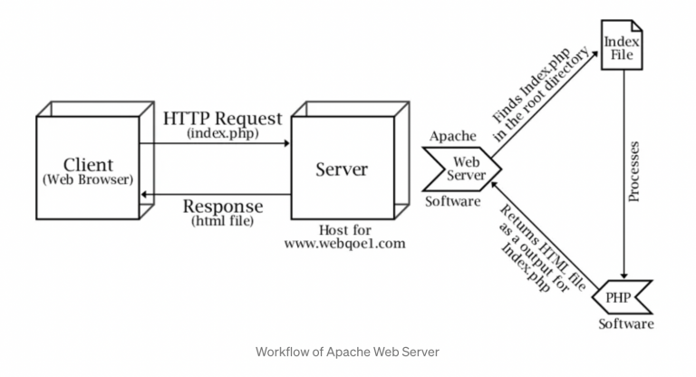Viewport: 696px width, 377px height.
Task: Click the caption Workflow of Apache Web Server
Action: (348, 351)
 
